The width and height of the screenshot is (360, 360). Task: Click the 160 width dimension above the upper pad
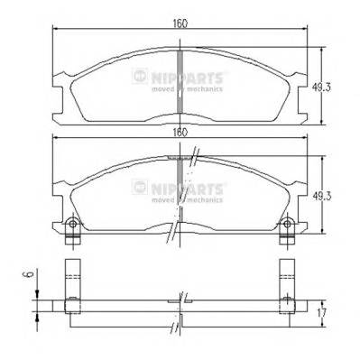(181, 23)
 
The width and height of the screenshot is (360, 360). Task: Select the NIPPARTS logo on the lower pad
(180, 187)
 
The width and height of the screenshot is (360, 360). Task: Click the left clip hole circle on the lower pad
(71, 224)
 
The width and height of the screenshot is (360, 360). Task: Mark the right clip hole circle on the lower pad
(291, 224)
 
